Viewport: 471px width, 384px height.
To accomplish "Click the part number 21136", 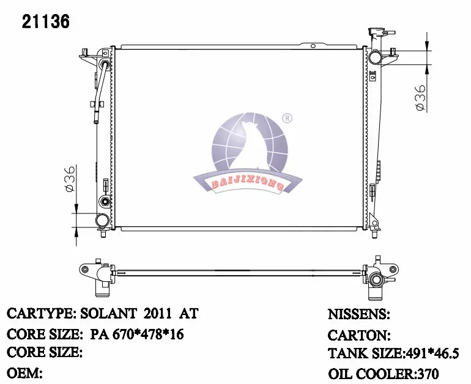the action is pyautogui.click(x=46, y=21).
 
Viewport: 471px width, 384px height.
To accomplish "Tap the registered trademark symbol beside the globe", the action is pyautogui.click(x=287, y=118).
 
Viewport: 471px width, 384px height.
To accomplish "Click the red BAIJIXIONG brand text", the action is pyautogui.click(x=247, y=184).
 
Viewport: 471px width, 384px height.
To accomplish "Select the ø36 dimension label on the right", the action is pyautogui.click(x=421, y=97).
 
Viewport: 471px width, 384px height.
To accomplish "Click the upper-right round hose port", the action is pyautogui.click(x=375, y=57).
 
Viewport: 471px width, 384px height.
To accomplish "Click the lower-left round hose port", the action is pyautogui.click(x=102, y=220).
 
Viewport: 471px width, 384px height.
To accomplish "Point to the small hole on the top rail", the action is pyautogui.click(x=313, y=46).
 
